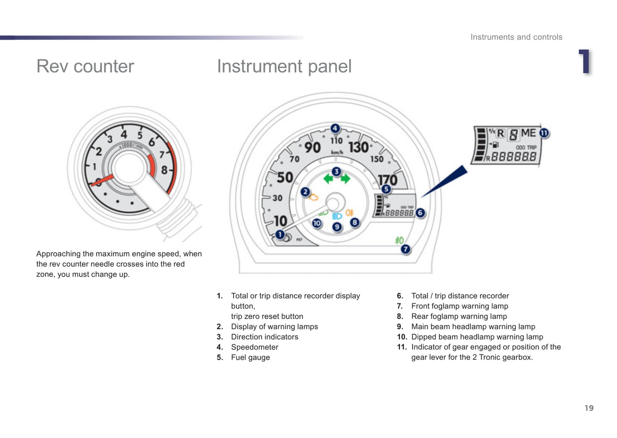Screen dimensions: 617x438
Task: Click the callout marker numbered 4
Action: pos(335,128)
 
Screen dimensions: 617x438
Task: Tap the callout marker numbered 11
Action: pos(544,133)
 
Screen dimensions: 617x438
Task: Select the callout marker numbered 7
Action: pos(406,249)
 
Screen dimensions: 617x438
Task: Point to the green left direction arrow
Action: pos(328,178)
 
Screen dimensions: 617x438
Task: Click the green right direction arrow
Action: pos(345,178)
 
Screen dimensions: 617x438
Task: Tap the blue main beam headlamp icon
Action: pos(337,216)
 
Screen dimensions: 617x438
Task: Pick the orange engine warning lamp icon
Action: pos(314,197)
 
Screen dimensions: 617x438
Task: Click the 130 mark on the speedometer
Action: pos(358,147)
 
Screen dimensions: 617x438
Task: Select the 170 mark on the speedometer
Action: pos(388,180)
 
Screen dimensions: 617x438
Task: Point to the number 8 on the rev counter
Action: pos(164,170)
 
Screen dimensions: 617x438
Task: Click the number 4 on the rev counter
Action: pos(124,134)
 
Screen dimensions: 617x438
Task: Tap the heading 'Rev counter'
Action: pos(85,67)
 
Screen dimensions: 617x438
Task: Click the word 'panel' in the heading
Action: pos(330,67)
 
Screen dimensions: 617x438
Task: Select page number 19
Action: pos(589,408)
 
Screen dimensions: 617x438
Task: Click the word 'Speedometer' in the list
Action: pos(254,347)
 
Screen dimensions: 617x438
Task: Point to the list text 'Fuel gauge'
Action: pos(250,357)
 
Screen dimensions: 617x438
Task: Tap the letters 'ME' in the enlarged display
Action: pos(528,133)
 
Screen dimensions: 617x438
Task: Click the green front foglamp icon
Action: pos(399,240)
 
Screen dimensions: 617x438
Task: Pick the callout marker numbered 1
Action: pos(280,235)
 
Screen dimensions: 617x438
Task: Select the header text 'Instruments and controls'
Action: pos(516,37)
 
